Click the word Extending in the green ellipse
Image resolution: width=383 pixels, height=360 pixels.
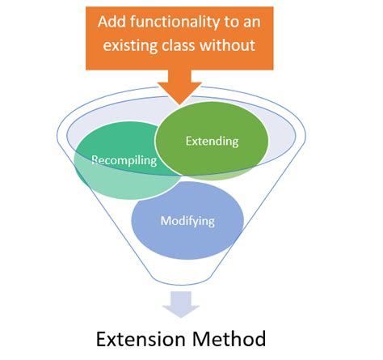pos(213,142)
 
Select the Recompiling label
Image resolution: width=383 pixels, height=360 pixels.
pos(124,160)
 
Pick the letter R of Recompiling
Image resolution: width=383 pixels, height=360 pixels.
pos(95,160)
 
